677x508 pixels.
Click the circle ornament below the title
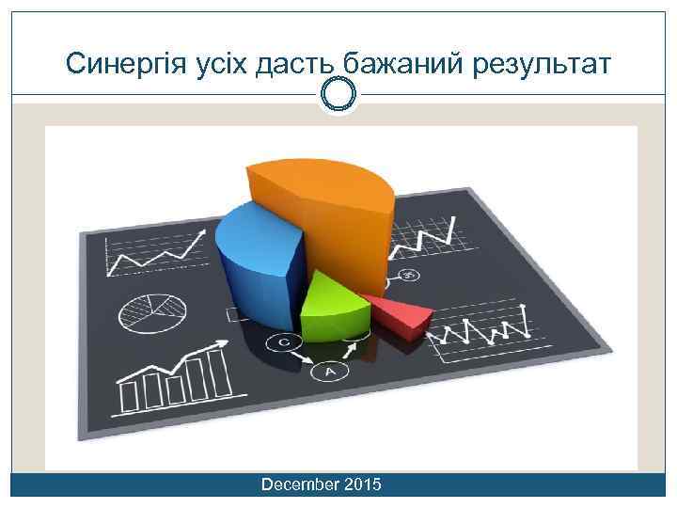tap(338, 94)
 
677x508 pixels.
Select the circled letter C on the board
tap(283, 342)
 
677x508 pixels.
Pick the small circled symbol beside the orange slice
tap(409, 275)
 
